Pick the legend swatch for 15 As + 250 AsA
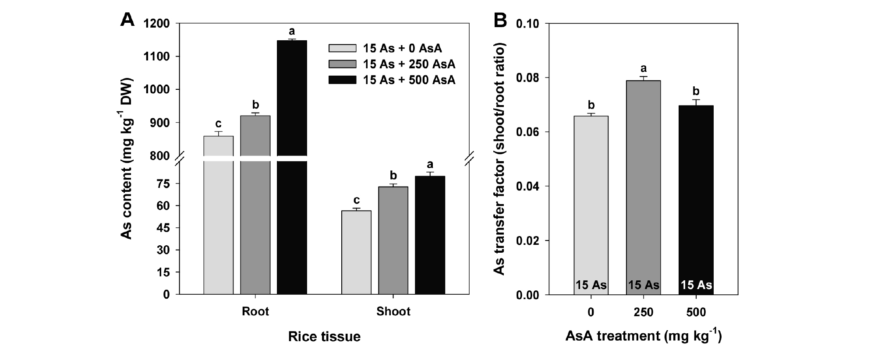point(342,64)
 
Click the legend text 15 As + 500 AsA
point(409,80)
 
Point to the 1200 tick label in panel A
point(157,24)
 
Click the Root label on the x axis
point(255,311)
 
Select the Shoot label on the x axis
point(393,311)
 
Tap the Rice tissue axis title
point(324,336)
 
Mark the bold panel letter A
point(127,20)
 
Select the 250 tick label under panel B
point(644,312)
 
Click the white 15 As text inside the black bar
point(696,285)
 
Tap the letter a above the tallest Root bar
point(292,32)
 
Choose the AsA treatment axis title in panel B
point(644,336)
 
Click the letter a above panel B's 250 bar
point(644,69)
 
